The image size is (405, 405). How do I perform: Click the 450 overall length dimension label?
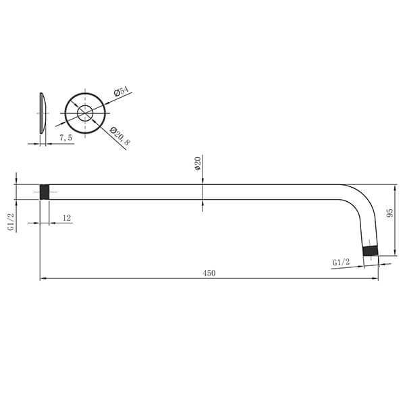(x=209, y=273)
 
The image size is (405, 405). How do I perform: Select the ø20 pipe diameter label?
(x=197, y=165)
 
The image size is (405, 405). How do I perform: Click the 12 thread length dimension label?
(x=67, y=217)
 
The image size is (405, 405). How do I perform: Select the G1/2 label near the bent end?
(x=341, y=261)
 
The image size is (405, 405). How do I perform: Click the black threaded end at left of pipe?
(x=45, y=192)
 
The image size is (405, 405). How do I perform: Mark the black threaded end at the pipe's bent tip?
(x=370, y=251)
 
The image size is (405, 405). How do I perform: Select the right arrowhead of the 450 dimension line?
(x=375, y=278)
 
